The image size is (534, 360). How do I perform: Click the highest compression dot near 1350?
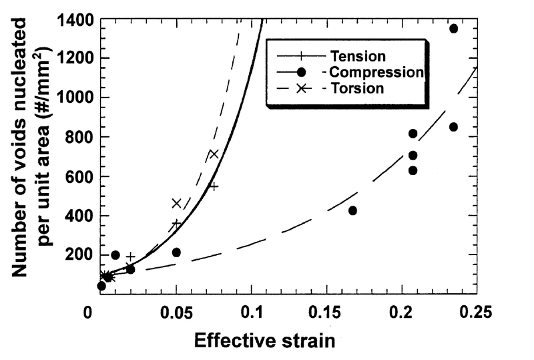pos(453,29)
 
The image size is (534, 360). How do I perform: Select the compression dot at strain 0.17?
pos(352,210)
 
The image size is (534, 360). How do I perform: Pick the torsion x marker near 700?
pos(214,154)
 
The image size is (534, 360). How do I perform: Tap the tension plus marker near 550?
pos(214,186)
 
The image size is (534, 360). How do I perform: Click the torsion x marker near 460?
pos(176,203)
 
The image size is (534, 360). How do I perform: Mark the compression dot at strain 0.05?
pos(176,252)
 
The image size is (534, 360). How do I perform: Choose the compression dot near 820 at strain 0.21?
pos(413,134)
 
